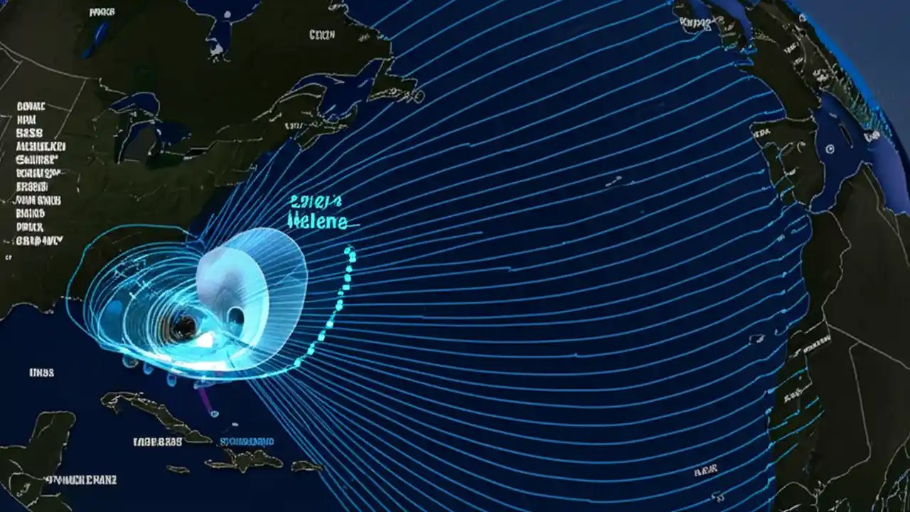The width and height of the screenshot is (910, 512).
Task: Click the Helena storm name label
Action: [318, 222]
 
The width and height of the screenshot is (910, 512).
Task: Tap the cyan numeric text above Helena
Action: [317, 201]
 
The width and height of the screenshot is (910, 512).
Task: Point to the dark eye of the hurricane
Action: [183, 327]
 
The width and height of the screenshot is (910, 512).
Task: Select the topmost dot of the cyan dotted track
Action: [349, 251]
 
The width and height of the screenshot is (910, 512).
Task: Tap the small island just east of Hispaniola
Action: [306, 466]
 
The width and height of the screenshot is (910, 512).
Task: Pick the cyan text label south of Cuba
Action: [245, 442]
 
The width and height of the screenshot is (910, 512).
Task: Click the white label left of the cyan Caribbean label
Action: [157, 442]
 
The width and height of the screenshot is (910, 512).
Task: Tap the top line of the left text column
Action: [31, 107]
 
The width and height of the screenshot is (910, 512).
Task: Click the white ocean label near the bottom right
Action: [706, 470]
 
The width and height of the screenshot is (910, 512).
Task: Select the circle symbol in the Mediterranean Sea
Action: [829, 149]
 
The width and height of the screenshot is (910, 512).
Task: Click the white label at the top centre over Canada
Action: [322, 34]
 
